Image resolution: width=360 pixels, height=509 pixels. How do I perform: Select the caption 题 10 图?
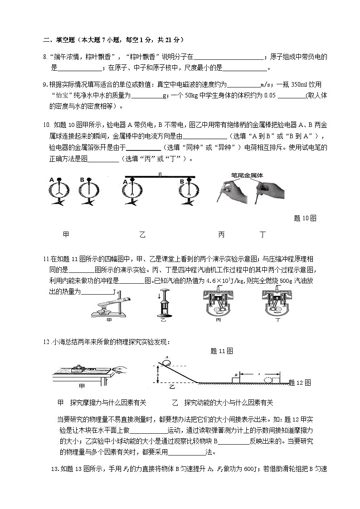click(305, 218)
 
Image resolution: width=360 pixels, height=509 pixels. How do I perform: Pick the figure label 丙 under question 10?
click(221, 234)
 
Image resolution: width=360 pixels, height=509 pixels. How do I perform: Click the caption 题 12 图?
click(300, 383)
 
